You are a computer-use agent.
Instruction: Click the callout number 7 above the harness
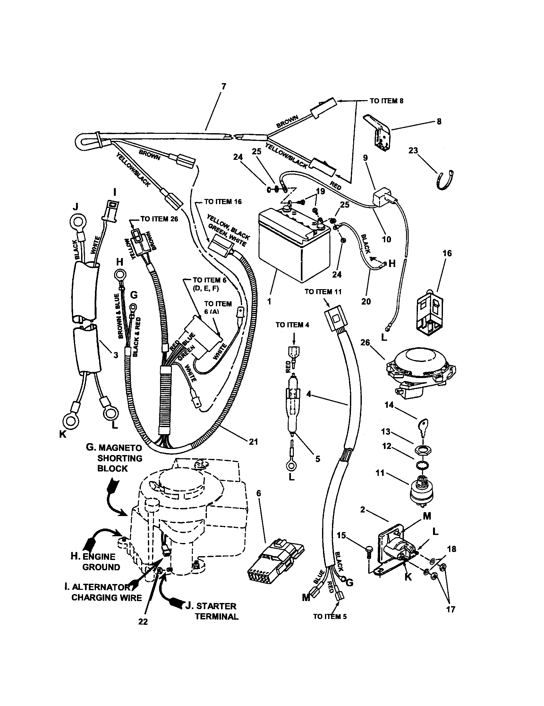point(224,86)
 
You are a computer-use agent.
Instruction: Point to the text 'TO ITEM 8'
point(387,101)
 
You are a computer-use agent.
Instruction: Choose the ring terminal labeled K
point(71,421)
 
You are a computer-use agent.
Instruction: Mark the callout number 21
point(253,441)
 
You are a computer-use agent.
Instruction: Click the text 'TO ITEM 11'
point(323,292)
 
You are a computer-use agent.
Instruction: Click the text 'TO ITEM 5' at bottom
point(330,616)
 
